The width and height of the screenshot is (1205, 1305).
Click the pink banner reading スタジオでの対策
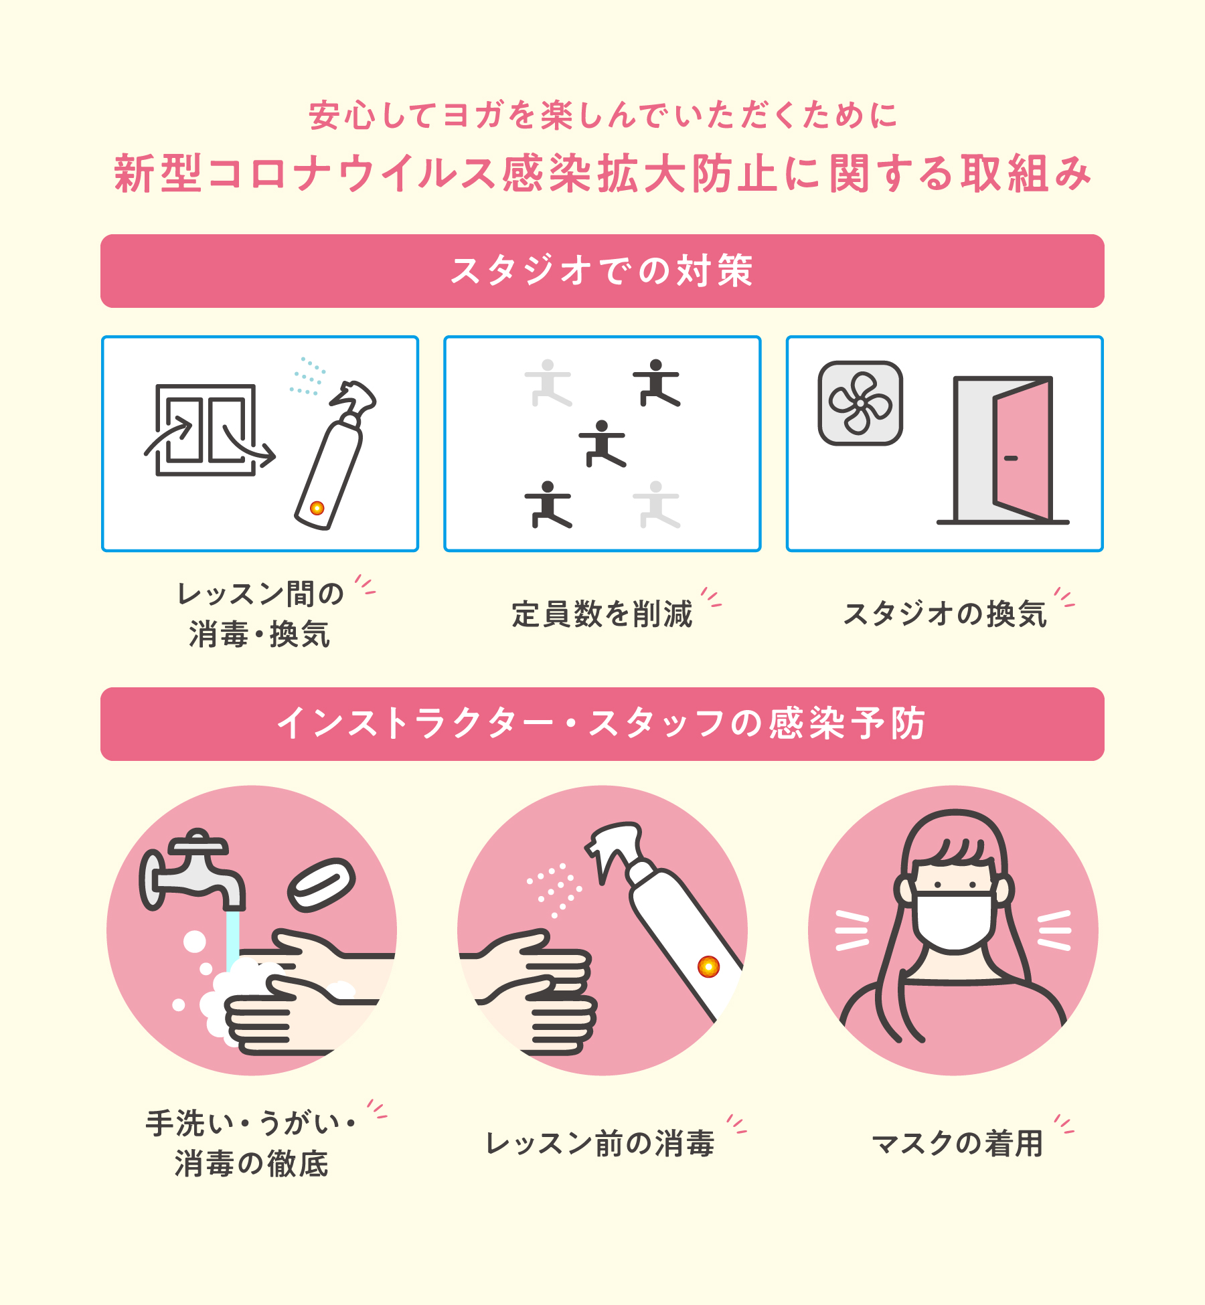pos(602,271)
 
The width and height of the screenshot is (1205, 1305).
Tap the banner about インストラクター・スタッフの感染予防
pos(602,724)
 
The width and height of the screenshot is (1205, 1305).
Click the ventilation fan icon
pos(860,403)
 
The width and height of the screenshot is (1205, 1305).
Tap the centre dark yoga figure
pos(602,444)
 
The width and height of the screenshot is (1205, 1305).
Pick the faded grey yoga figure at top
pos(548,383)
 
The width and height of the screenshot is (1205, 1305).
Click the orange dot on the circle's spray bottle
pos(708,966)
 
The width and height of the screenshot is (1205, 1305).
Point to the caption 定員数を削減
pos(602,614)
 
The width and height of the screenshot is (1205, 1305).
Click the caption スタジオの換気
pos(945,614)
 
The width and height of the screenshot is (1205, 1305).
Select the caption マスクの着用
pos(957,1144)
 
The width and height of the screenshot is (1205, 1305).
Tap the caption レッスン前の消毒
pos(600,1144)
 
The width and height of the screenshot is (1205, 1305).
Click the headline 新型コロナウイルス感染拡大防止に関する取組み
pos(602,173)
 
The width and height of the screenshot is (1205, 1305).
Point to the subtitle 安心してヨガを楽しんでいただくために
pos(602,115)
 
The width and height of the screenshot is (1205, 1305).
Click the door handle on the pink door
pos(1011,458)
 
